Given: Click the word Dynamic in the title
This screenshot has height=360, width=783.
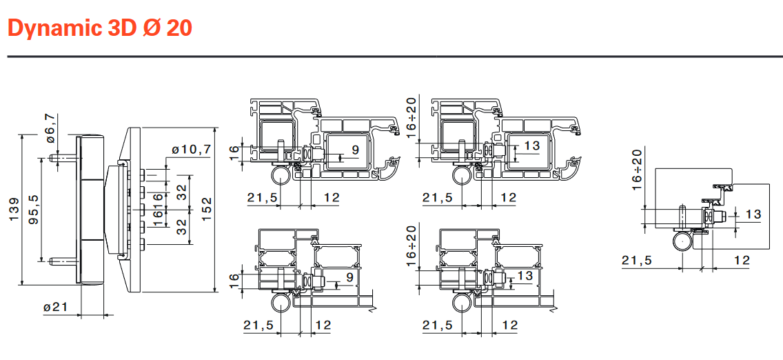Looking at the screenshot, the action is point(54,28).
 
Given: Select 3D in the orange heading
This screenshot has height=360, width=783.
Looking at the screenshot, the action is point(121,28).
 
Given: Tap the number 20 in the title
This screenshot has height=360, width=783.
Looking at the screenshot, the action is point(179,28).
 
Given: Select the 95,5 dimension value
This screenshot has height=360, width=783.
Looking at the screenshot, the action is point(34,209).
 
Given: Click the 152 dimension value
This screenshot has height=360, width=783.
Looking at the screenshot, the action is point(206,209).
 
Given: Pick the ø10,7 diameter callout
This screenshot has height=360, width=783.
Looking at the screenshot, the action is point(191,149).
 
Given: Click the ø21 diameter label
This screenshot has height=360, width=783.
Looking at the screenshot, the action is point(55,307).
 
